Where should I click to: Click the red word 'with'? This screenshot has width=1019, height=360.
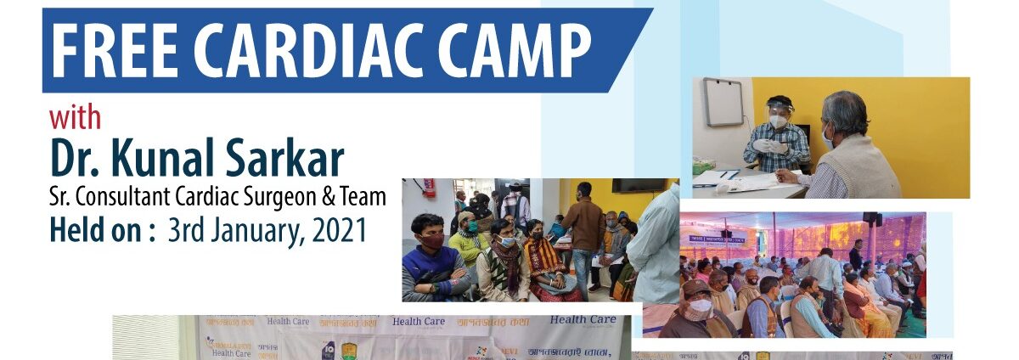pyautogui.click(x=75, y=116)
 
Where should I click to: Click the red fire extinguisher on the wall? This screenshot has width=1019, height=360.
pyautogui.click(x=431, y=188)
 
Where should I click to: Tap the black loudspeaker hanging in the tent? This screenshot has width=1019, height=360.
pyautogui.click(x=870, y=219)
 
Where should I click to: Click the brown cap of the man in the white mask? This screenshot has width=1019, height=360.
pyautogui.click(x=696, y=288)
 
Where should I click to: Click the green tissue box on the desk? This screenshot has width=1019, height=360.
pyautogui.click(x=703, y=166)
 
